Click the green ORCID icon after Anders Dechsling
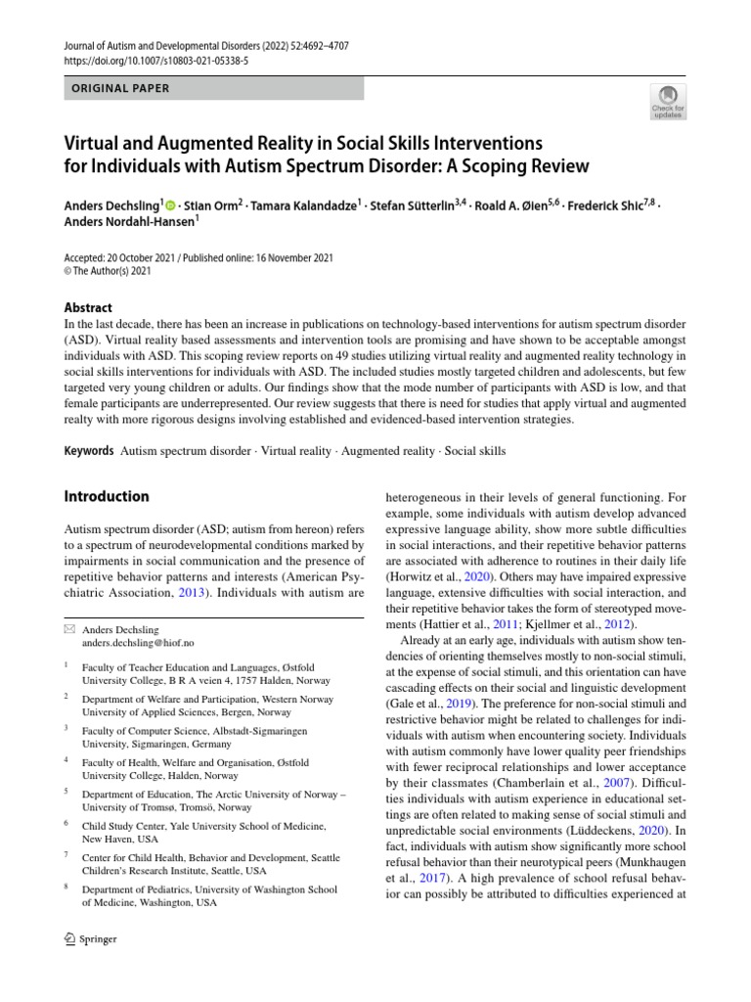tap(171, 205)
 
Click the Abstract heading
tap(88, 306)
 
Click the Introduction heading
tap(107, 496)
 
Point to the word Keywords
tap(88, 451)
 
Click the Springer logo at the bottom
tap(90, 938)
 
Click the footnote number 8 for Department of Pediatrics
tap(66, 888)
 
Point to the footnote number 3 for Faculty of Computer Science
tap(66, 728)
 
